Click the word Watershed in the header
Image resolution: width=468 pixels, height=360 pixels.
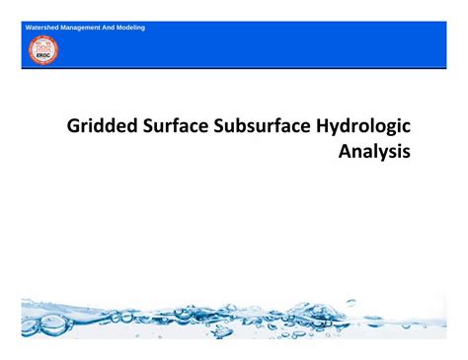point(41,27)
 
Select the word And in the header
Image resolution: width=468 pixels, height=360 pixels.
point(111,27)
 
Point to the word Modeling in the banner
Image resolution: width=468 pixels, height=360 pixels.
point(132,27)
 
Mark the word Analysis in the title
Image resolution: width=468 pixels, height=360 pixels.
point(374,153)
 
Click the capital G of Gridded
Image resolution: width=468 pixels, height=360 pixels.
point(74,126)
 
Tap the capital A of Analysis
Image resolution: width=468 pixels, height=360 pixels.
point(346,153)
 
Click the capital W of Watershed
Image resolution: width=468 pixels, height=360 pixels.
point(30,27)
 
